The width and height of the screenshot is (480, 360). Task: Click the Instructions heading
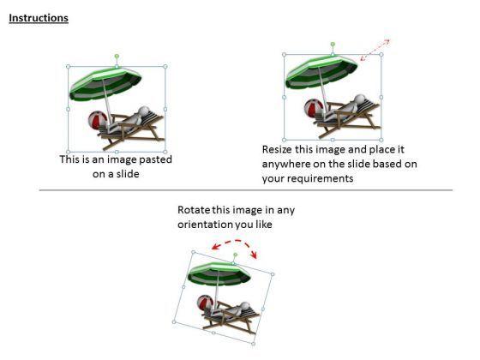pos(39,18)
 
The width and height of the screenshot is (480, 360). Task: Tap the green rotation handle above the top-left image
pos(117,57)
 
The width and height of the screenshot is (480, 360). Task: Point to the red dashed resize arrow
pos(375,50)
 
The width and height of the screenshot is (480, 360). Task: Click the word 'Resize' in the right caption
pos(279,149)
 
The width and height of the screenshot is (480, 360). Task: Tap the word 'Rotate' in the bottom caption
pos(194,210)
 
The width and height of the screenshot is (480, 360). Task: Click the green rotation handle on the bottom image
pos(235,255)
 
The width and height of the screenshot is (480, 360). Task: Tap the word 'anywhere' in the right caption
pos(288,164)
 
